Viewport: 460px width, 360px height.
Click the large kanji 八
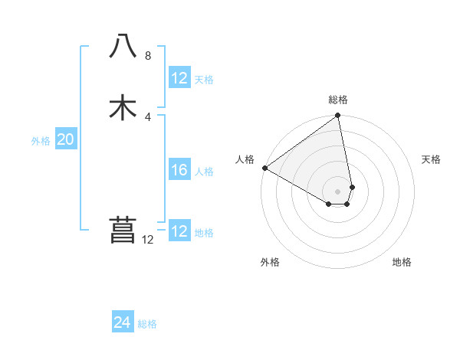tap(123, 47)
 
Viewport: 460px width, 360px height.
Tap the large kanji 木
tap(123, 107)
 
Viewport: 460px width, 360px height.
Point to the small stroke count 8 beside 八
tap(148, 56)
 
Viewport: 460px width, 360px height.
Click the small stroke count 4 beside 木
tap(148, 116)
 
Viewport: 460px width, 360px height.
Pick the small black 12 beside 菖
tap(148, 240)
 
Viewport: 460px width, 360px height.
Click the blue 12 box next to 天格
tap(179, 78)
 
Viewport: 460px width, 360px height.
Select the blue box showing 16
tap(179, 170)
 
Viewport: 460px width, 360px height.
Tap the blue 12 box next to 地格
tap(179, 231)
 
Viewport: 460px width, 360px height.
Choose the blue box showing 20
tap(66, 139)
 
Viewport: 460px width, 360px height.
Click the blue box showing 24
tap(123, 323)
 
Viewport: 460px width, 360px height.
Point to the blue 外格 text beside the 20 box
tap(41, 141)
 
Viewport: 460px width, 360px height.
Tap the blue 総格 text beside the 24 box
tap(147, 324)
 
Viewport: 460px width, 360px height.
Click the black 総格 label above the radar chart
tap(338, 100)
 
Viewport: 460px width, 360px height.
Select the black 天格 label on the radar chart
tap(432, 159)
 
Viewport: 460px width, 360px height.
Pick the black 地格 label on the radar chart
tap(402, 263)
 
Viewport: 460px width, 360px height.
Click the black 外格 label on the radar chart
tap(270, 263)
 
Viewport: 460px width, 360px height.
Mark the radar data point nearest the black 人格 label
tap(264, 168)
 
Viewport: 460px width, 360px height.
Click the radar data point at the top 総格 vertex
tap(338, 116)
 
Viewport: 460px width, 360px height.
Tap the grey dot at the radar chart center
tap(338, 191)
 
